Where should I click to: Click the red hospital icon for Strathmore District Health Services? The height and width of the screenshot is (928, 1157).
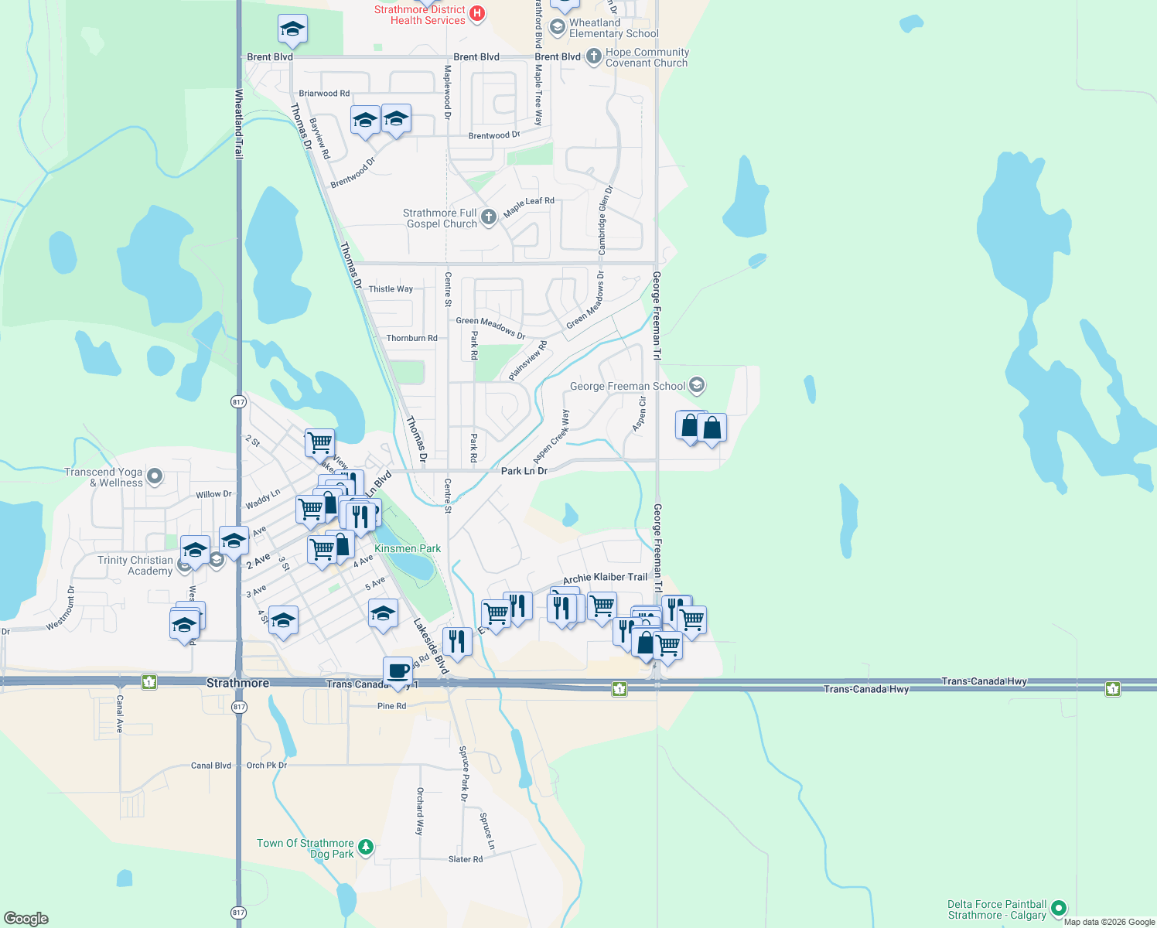pyautogui.click(x=477, y=13)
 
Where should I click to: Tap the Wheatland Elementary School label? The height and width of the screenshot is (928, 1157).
pyautogui.click(x=613, y=28)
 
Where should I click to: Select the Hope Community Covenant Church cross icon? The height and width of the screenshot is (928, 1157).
pyautogui.click(x=593, y=56)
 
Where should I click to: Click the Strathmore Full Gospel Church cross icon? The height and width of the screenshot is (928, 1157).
pyautogui.click(x=488, y=217)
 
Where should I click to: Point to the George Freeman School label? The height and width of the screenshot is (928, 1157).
pyautogui.click(x=627, y=386)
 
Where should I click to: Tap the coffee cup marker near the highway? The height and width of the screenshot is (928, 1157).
pyautogui.click(x=398, y=671)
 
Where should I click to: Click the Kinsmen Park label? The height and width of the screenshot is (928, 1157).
pyautogui.click(x=408, y=548)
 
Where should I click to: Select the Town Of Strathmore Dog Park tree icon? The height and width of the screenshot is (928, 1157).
pyautogui.click(x=366, y=848)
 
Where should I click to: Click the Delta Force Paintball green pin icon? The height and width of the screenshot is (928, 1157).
pyautogui.click(x=1059, y=909)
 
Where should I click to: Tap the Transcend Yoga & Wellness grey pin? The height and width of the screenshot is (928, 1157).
pyautogui.click(x=155, y=476)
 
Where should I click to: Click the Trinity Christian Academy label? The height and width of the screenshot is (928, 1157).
pyautogui.click(x=135, y=565)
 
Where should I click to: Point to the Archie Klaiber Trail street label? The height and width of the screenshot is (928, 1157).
pyautogui.click(x=605, y=578)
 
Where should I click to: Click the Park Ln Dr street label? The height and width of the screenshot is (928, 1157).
pyautogui.click(x=524, y=471)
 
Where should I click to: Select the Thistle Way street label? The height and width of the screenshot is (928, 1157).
pyautogui.click(x=391, y=289)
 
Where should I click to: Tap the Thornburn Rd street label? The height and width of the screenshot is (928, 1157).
pyautogui.click(x=411, y=338)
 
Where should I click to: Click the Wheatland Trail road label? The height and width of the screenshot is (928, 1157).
pyautogui.click(x=239, y=124)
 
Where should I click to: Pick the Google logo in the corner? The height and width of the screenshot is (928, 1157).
pyautogui.click(x=26, y=918)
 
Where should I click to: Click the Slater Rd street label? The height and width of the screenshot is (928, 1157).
pyautogui.click(x=466, y=859)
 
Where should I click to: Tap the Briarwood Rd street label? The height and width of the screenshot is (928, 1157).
pyautogui.click(x=324, y=94)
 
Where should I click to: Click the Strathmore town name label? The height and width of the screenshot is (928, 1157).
pyautogui.click(x=238, y=684)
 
